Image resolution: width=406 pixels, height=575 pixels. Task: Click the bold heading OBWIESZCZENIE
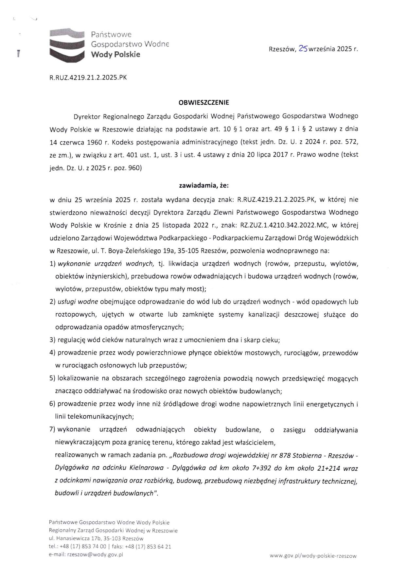click(203, 102)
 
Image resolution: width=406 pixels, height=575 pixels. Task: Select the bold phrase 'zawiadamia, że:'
click(203, 185)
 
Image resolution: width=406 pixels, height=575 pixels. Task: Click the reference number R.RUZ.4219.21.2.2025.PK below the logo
click(88, 78)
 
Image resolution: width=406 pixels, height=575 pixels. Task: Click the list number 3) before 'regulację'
click(53, 340)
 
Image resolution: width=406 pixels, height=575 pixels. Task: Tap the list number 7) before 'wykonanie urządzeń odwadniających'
click(53, 429)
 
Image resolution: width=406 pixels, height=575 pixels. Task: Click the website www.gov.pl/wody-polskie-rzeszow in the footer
click(313, 556)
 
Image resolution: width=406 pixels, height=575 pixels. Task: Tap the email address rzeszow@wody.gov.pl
click(95, 554)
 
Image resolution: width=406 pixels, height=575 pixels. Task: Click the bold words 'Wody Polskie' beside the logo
click(115, 54)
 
